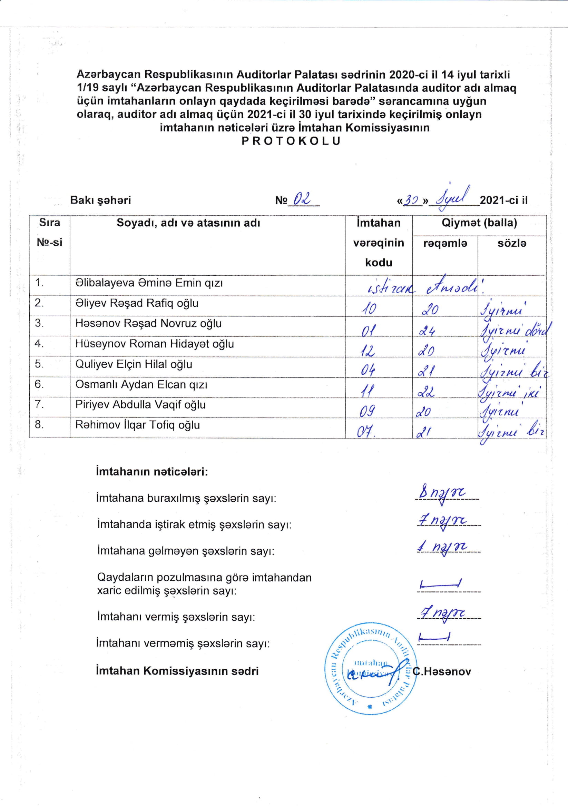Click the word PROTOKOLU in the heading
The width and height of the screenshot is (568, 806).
click(291, 141)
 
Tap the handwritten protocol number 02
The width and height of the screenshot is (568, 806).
click(302, 199)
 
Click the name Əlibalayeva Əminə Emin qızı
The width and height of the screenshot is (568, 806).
click(149, 283)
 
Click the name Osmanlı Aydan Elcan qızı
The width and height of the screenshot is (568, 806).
click(141, 385)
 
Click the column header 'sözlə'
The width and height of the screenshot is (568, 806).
click(512, 243)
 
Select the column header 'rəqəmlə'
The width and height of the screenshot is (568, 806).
click(445, 243)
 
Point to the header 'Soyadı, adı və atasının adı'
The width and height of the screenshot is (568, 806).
click(188, 223)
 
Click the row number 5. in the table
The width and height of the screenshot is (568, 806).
click(39, 364)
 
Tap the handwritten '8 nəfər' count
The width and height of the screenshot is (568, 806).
click(442, 493)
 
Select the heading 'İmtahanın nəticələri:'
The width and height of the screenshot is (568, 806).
click(151, 471)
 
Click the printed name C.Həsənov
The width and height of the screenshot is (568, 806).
click(442, 671)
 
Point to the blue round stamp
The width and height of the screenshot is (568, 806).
click(370, 669)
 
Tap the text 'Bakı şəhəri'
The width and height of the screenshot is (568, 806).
click(100, 200)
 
